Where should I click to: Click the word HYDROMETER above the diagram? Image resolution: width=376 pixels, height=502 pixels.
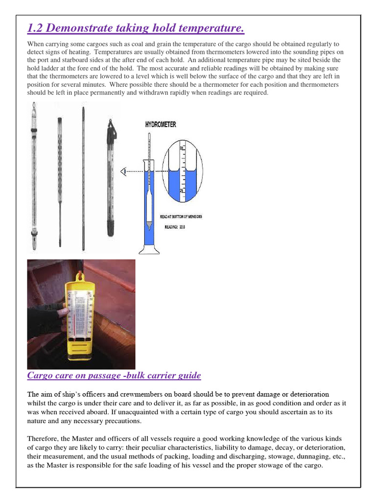coord(161,125)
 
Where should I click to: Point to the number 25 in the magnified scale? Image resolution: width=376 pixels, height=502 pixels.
coord(182,190)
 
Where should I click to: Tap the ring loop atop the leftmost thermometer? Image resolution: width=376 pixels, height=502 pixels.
coord(33,105)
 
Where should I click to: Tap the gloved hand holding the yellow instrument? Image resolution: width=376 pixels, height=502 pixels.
coord(47,319)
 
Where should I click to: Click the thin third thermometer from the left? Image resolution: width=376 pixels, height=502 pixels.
coord(83,176)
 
